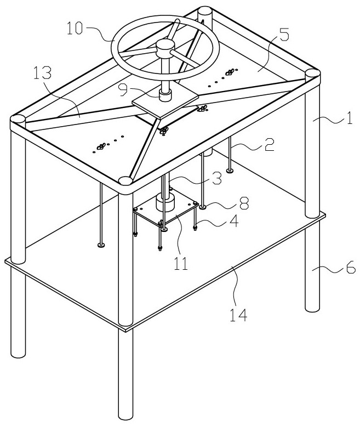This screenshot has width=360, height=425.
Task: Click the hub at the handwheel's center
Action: (x=164, y=48)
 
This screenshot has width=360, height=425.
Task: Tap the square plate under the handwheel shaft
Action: (x=164, y=104)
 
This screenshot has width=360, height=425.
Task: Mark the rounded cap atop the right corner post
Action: (x=312, y=73)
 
